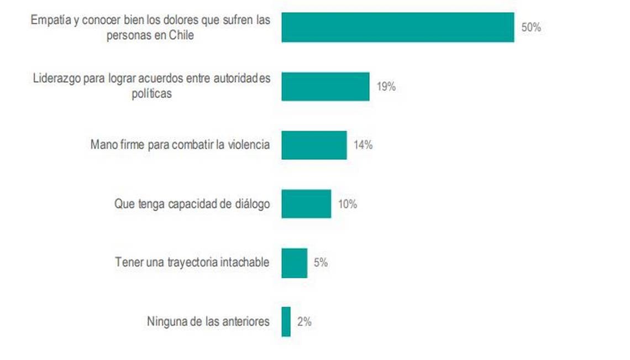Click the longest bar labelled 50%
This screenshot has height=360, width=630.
tap(398, 28)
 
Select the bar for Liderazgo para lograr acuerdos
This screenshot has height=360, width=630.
tap(326, 86)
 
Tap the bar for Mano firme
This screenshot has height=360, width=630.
tap(314, 145)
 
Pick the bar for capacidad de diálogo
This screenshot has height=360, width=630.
tap(306, 204)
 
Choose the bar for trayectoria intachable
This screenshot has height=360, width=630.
tap(294, 263)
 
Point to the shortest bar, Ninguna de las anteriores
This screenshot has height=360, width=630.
tap(286, 321)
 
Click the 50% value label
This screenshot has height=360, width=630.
tap(531, 28)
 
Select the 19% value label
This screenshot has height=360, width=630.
tap(386, 86)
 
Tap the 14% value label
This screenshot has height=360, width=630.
tap(363, 145)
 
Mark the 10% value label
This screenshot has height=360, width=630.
tap(348, 204)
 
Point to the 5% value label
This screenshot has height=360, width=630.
tap(321, 263)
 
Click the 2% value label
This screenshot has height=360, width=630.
tap(304, 321)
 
